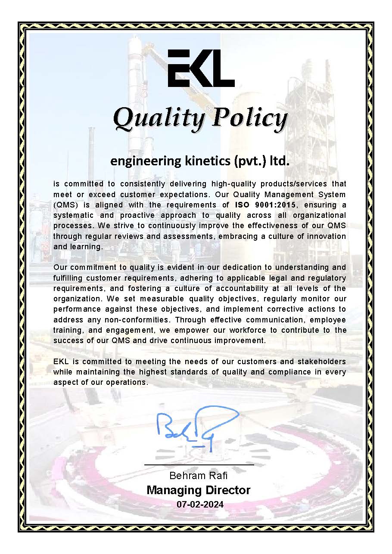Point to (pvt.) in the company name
[x=249, y=161]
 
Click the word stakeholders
[x=320, y=361]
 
